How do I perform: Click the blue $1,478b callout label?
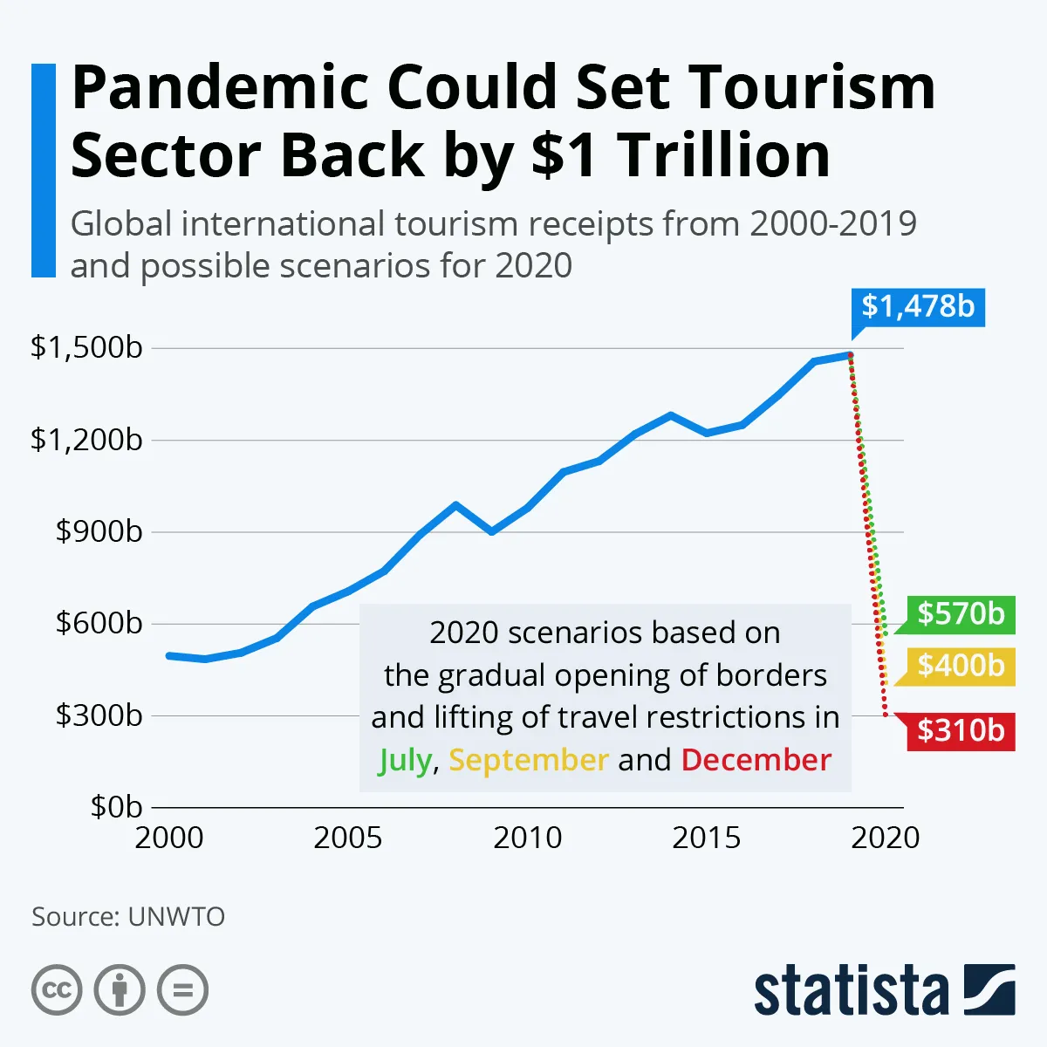[x=918, y=307]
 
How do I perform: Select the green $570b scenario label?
[x=961, y=614]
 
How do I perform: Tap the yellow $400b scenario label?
[x=961, y=667]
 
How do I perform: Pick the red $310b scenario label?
[x=961, y=730]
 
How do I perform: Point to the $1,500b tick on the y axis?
[x=86, y=347]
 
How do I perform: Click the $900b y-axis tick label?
[x=99, y=531]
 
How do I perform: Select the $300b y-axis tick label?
[x=99, y=715]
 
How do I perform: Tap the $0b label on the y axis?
[x=116, y=807]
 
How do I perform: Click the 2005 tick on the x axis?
[x=348, y=838]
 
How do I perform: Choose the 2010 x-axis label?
[x=527, y=838]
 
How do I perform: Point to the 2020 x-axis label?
[x=885, y=838]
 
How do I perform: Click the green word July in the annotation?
[x=405, y=761]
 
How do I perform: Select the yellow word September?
[x=528, y=761]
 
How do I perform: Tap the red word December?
[x=756, y=760]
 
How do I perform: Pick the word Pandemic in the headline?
[x=221, y=87]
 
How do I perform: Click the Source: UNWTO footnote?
[x=128, y=917]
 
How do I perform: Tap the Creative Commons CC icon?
[x=57, y=990]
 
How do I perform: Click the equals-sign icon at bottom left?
[x=182, y=990]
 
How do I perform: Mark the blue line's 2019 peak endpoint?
[x=850, y=354]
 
